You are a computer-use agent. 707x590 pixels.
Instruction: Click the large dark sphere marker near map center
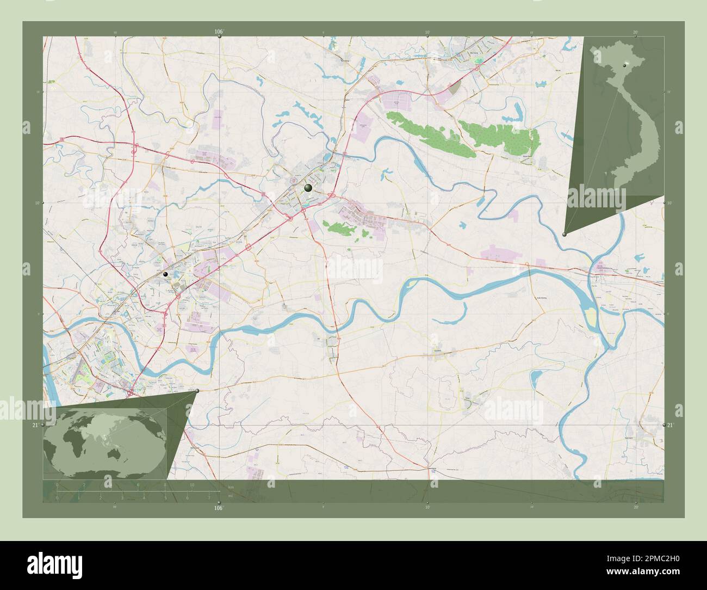(x=308, y=188)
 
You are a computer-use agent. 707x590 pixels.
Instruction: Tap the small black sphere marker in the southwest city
(x=165, y=274)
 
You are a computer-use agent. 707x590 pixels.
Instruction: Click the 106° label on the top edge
(x=219, y=32)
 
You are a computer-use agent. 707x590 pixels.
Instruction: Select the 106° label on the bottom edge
(x=219, y=508)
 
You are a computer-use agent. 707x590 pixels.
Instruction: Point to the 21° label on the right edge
(x=671, y=425)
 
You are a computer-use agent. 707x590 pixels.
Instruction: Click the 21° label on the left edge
(x=35, y=425)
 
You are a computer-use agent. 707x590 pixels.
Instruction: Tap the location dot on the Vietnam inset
(x=627, y=64)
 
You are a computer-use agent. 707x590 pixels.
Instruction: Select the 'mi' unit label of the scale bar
(x=231, y=495)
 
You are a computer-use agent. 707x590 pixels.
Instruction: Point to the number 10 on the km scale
(x=192, y=485)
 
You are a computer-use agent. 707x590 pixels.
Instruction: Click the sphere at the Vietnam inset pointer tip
(x=565, y=234)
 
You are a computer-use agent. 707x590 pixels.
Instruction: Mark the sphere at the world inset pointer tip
(x=197, y=391)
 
